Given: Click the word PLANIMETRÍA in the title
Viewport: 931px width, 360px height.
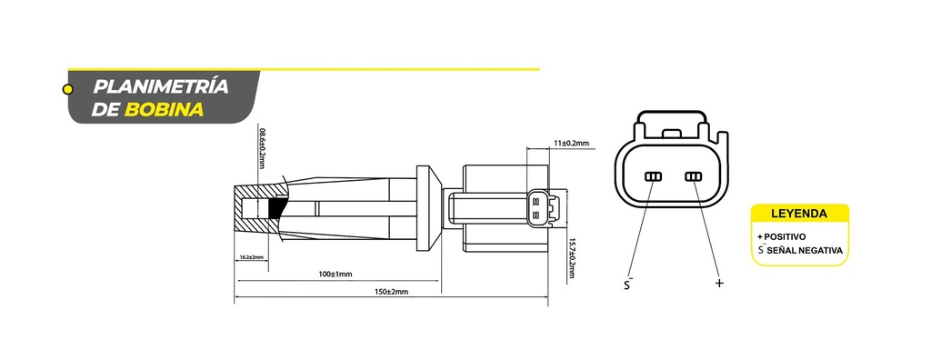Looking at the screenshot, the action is [x=160, y=86].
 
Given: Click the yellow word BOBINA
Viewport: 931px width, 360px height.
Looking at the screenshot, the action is [x=164, y=110].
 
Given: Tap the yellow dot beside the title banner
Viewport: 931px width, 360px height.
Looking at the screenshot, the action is [x=67, y=90].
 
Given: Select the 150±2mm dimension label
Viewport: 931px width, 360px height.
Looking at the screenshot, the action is [x=391, y=292].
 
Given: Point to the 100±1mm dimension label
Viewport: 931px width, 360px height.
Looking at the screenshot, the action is [x=335, y=274].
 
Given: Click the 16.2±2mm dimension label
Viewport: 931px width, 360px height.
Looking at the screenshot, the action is [x=251, y=257].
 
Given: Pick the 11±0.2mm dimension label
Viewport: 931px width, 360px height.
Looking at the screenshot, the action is [x=571, y=143].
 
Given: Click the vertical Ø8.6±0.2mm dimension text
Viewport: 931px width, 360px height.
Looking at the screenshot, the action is [x=262, y=148].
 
